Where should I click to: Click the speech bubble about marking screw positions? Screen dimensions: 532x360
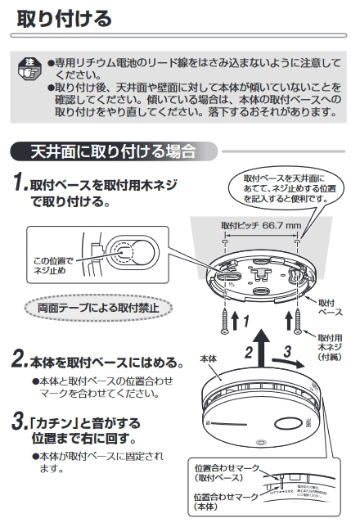pyautogui.click(x=284, y=189)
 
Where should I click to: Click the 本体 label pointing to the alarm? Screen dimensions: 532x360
pyautogui.click(x=209, y=358)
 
